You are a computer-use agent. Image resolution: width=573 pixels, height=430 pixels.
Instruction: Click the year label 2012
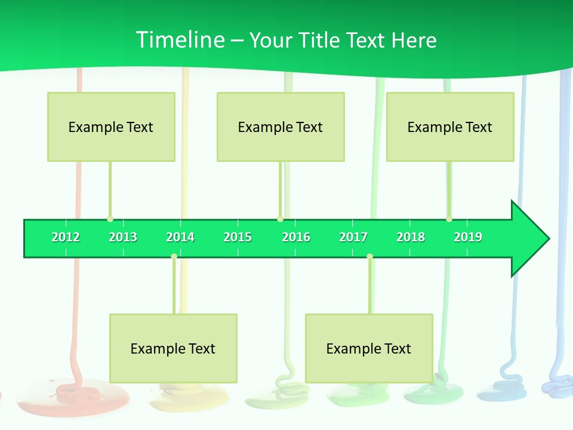pos(66,237)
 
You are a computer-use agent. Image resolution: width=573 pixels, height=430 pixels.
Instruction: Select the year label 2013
pos(123,237)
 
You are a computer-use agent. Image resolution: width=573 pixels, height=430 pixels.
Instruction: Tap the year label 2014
pos(180,237)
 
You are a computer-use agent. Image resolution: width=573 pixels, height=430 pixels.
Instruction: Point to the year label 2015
pos(238,237)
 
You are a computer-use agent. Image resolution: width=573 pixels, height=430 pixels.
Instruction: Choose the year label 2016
pos(296,237)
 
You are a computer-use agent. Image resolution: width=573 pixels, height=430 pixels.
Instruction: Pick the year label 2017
pos(353,237)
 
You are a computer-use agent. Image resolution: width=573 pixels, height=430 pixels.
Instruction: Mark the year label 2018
pos(411,237)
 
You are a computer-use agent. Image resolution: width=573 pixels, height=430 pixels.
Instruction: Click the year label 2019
pos(468,237)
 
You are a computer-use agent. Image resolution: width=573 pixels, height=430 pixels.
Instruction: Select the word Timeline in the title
pos(180,40)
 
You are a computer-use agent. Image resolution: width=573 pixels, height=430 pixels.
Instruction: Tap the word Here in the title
pos(414,40)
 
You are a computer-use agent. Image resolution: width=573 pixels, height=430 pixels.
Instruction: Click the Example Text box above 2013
pos(111,127)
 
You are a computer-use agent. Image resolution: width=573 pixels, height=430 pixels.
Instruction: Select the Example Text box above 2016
pos(281,127)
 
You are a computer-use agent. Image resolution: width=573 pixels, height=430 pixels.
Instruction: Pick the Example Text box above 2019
pos(450,127)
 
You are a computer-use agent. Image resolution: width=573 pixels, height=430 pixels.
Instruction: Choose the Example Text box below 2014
pos(173,348)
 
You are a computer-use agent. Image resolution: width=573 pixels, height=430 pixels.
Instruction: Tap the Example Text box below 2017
pos(369,348)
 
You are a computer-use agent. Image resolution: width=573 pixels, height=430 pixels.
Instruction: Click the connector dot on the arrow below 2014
pos(174,256)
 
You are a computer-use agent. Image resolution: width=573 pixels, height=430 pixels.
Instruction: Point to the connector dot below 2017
pos(369,256)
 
